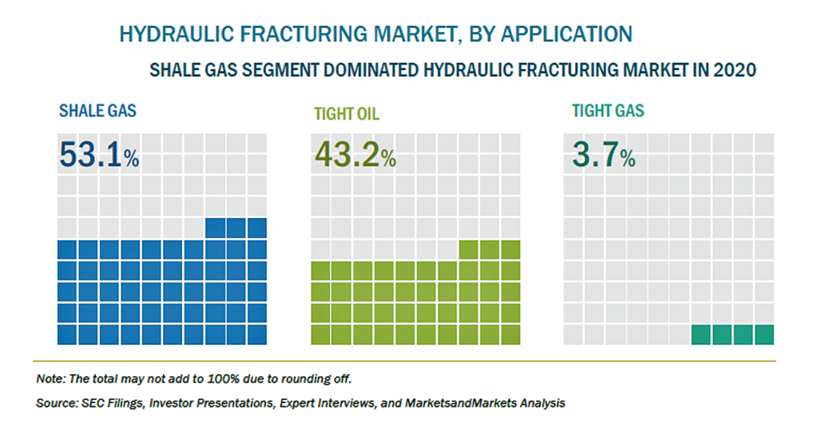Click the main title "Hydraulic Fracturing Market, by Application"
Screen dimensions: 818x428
coord(375,34)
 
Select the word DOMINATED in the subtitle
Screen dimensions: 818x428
coord(369,69)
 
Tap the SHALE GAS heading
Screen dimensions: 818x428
coord(97,110)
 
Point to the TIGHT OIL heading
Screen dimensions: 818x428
coord(347,113)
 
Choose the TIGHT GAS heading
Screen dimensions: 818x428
coord(608,110)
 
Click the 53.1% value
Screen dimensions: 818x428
coord(99,155)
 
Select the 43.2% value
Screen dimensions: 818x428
coord(355,155)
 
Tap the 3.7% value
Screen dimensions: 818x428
coord(604,155)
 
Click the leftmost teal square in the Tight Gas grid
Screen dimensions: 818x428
coord(701,335)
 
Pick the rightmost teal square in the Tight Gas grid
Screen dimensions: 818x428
coord(764,335)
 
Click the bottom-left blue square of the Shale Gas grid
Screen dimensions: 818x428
coord(67,335)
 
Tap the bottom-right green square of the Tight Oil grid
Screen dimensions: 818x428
coord(510,335)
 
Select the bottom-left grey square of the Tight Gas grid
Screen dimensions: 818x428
coord(574,335)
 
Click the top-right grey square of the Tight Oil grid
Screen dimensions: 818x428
coord(510,143)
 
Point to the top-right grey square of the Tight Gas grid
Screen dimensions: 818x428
coord(764,143)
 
